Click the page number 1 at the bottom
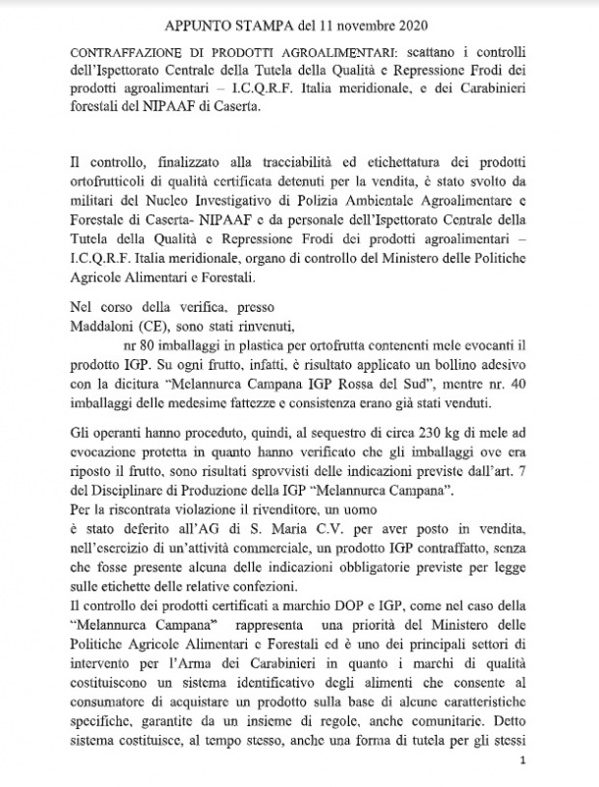(523, 762)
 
